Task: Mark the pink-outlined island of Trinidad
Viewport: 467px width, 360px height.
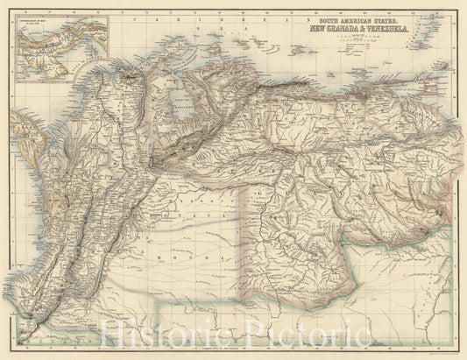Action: pyautogui.click(x=427, y=81)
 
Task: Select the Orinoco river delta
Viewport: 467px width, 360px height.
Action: pyautogui.click(x=433, y=109)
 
